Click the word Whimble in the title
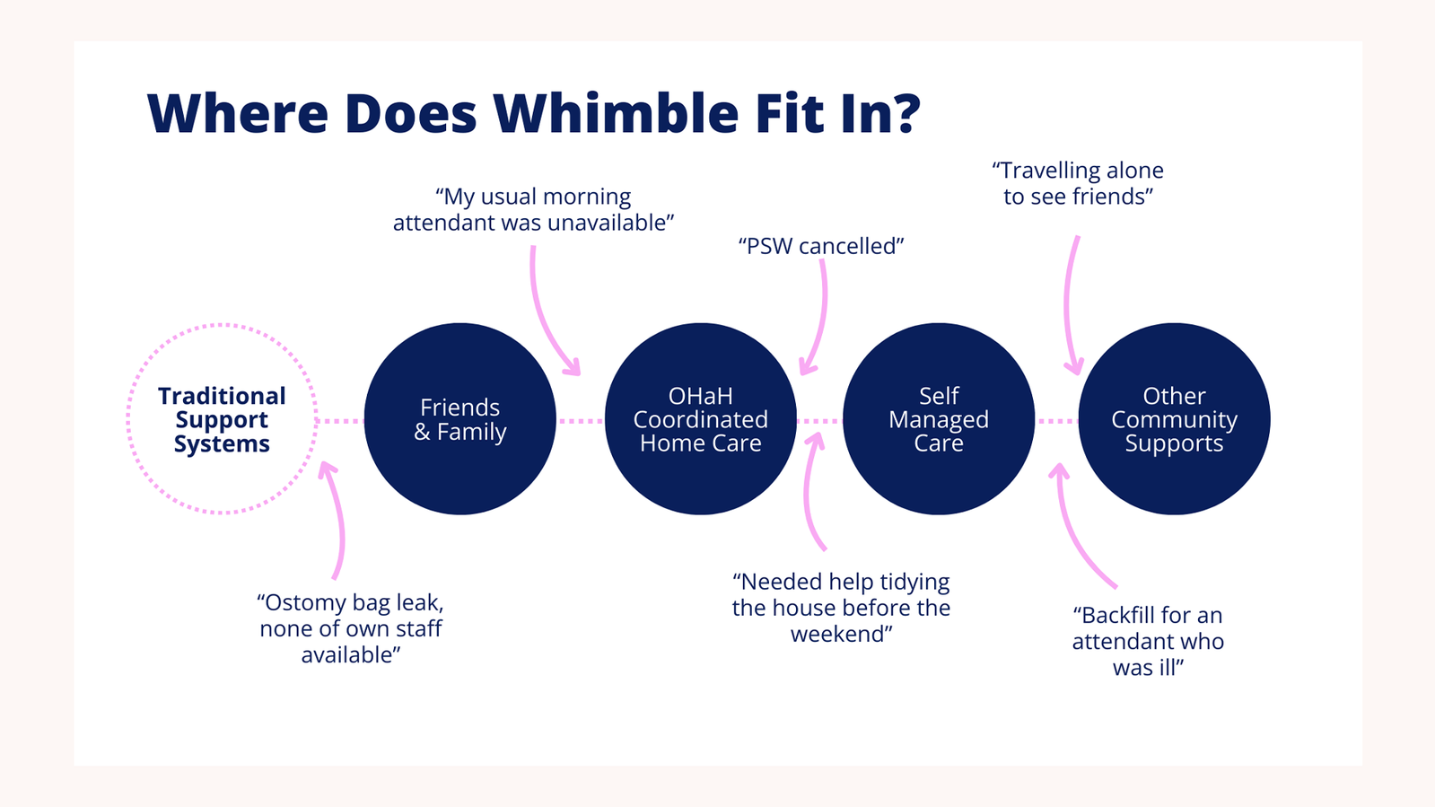point(616,113)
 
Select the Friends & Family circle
point(460,418)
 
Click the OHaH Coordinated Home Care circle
point(700,418)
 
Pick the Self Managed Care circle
point(939,418)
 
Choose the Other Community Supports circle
point(1174,418)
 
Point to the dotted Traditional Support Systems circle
point(223,324)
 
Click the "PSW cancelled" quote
point(820,246)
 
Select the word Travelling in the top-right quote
point(1046,171)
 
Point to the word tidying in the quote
point(914,583)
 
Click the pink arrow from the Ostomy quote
point(340,518)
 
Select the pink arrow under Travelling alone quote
point(1067,305)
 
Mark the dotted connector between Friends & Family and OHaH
point(581,421)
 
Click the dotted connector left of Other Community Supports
point(1057,421)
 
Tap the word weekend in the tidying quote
point(841,635)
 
